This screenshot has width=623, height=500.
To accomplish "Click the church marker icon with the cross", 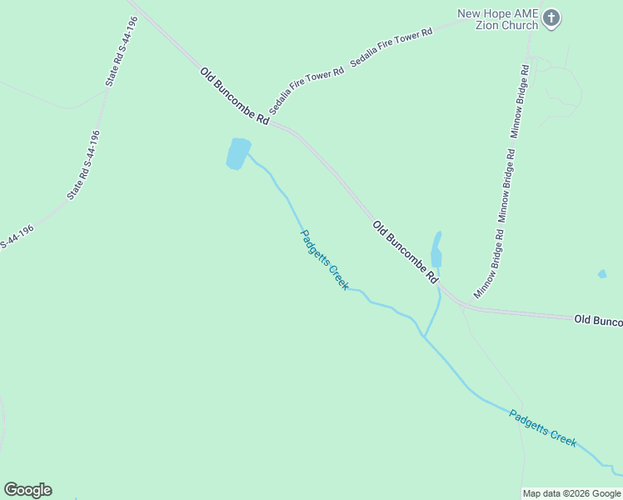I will [551, 17].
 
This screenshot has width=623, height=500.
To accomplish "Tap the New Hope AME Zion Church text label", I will [498, 18].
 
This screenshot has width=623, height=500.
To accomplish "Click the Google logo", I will [27, 489].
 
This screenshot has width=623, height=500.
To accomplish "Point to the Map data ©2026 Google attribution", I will [571, 493].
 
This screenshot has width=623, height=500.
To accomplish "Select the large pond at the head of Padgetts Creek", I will [238, 153].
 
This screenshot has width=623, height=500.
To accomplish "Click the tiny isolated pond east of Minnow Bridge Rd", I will [602, 273].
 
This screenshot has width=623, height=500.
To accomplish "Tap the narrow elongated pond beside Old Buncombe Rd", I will [436, 251].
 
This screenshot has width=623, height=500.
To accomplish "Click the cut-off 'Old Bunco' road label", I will [598, 319].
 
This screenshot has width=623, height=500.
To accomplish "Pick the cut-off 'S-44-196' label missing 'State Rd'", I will [16, 237].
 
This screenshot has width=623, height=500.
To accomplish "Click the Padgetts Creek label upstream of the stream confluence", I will [323, 259].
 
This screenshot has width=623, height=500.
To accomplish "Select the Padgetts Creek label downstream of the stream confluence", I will [542, 427].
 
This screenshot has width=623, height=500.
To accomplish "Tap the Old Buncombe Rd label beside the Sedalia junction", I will [234, 96].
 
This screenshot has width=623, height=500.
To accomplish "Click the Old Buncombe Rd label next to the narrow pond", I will [405, 252].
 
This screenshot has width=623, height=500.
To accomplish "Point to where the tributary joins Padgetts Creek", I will [424, 337].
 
